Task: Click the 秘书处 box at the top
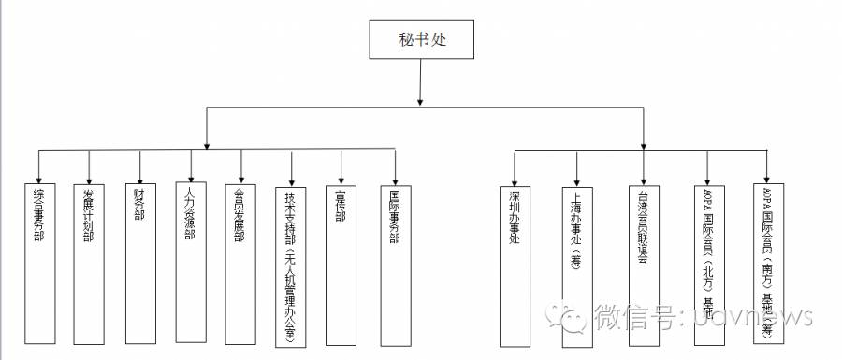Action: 419,40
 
